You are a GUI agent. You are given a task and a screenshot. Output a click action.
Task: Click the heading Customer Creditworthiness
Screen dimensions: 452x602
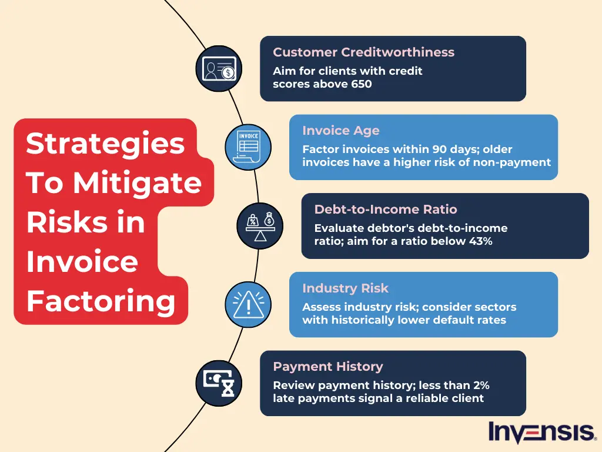pyautogui.click(x=363, y=52)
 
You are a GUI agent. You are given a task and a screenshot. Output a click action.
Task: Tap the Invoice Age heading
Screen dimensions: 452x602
pyautogui.click(x=341, y=131)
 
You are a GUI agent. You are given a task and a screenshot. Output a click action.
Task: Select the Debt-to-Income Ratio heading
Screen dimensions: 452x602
pyautogui.click(x=385, y=210)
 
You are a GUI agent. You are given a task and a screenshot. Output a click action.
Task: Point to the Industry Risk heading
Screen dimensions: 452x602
pyautogui.click(x=345, y=288)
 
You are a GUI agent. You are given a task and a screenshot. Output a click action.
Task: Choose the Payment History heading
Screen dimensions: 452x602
pyautogui.click(x=327, y=367)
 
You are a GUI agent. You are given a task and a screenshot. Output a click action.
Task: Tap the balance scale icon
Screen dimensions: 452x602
pyautogui.click(x=260, y=226)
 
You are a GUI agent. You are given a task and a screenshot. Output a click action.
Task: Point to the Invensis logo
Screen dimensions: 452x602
pyautogui.click(x=541, y=433)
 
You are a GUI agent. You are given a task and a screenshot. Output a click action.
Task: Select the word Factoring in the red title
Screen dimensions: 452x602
pyautogui.click(x=101, y=301)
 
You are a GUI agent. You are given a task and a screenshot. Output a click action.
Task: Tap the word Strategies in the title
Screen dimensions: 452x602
pyautogui.click(x=105, y=144)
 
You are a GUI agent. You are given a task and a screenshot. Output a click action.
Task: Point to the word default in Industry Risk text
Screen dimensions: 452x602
pyautogui.click(x=446, y=320)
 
